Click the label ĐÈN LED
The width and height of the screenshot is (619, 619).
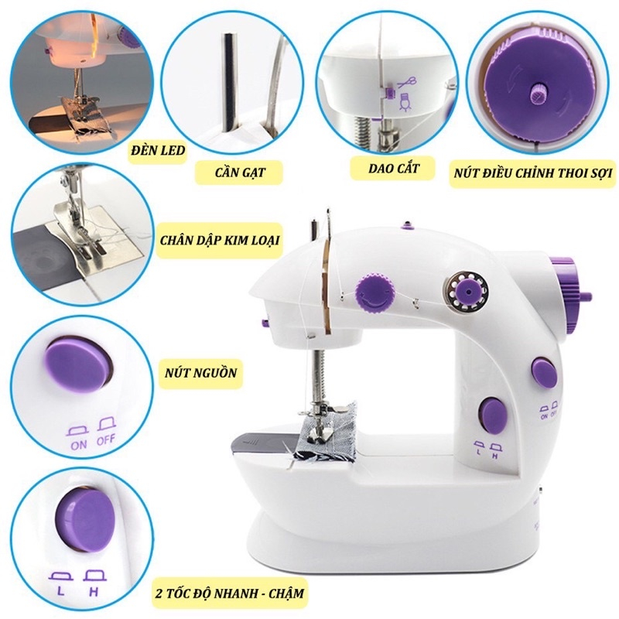(x=157, y=150)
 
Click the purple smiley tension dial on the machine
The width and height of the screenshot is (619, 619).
(x=371, y=292)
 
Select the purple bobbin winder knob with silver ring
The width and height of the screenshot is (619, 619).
(x=464, y=291)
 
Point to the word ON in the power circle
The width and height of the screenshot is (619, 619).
(x=77, y=446)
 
